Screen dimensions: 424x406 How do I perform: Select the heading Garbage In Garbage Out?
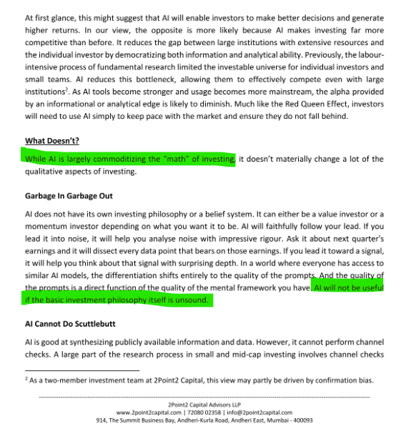[69, 196]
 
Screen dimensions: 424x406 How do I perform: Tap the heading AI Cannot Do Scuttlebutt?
[73, 324]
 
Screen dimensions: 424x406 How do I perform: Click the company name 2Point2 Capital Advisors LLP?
[203, 405]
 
